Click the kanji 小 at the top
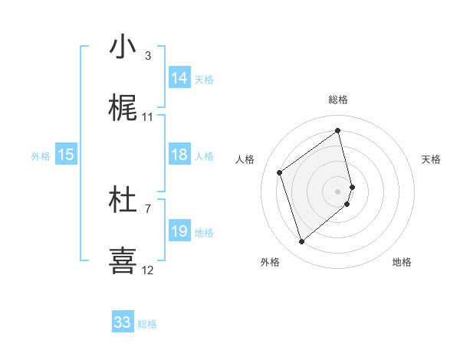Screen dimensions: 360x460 (123, 47)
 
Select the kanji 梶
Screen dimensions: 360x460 (123, 109)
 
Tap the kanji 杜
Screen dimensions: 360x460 (123, 200)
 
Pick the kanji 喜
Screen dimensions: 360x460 (123, 260)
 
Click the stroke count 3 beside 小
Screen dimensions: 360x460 (148, 55)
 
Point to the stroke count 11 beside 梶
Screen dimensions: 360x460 (148, 117)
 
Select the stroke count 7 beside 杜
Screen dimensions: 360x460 (148, 208)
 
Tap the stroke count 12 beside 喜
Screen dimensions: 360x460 (148, 270)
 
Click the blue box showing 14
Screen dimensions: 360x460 (179, 78)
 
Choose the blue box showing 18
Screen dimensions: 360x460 (179, 155)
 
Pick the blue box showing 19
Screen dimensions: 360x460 (179, 231)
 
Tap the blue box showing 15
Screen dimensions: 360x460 (66, 155)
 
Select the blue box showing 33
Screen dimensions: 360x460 (123, 322)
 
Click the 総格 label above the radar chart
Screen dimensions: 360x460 (338, 100)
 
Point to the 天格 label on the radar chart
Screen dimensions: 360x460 (432, 159)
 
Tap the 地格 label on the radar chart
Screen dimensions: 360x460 (402, 263)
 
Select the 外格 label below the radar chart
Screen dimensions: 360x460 (270, 263)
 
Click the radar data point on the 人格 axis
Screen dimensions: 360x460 (280, 172)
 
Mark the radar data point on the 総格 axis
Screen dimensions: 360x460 (338, 131)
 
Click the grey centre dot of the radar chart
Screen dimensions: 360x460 (338, 190)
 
